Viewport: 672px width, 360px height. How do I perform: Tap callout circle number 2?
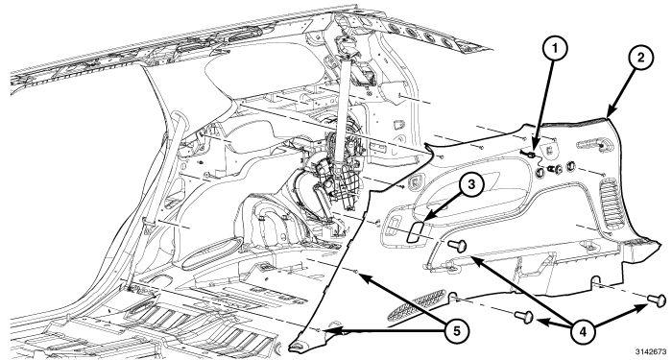[640, 58]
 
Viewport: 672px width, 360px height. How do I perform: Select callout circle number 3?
[471, 184]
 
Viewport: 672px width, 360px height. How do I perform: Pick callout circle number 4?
[584, 330]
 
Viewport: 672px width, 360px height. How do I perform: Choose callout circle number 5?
[456, 330]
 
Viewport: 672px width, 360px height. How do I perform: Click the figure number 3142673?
[654, 351]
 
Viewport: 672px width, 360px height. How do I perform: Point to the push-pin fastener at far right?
[657, 300]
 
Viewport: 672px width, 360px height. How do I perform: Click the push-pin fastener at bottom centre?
[524, 317]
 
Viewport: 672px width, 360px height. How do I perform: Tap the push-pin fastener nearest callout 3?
[457, 246]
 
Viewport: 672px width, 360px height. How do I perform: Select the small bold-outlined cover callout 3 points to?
[417, 231]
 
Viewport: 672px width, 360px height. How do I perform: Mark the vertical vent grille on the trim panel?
[610, 202]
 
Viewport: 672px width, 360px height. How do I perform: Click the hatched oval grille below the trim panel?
[417, 304]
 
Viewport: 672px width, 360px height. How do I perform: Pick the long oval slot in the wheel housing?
[210, 253]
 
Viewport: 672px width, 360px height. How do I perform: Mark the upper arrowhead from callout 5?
[363, 276]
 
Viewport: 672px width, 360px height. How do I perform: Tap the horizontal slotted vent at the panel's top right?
[591, 144]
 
